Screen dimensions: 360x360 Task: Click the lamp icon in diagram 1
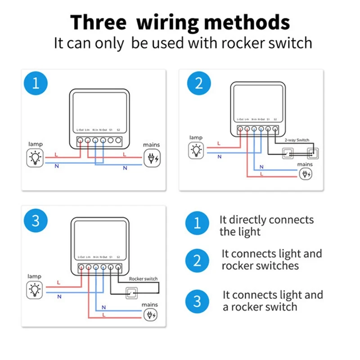click(35, 158)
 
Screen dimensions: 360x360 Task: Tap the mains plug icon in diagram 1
click(151, 158)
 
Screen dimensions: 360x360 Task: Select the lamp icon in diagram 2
click(196, 149)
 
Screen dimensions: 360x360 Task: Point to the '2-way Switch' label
click(296, 140)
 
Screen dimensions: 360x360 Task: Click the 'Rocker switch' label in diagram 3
click(143, 279)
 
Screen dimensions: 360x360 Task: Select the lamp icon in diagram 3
click(35, 289)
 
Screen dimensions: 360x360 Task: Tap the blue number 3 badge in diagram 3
click(35, 221)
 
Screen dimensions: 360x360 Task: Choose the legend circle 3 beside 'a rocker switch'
click(197, 301)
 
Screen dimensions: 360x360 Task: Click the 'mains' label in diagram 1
click(151, 145)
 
